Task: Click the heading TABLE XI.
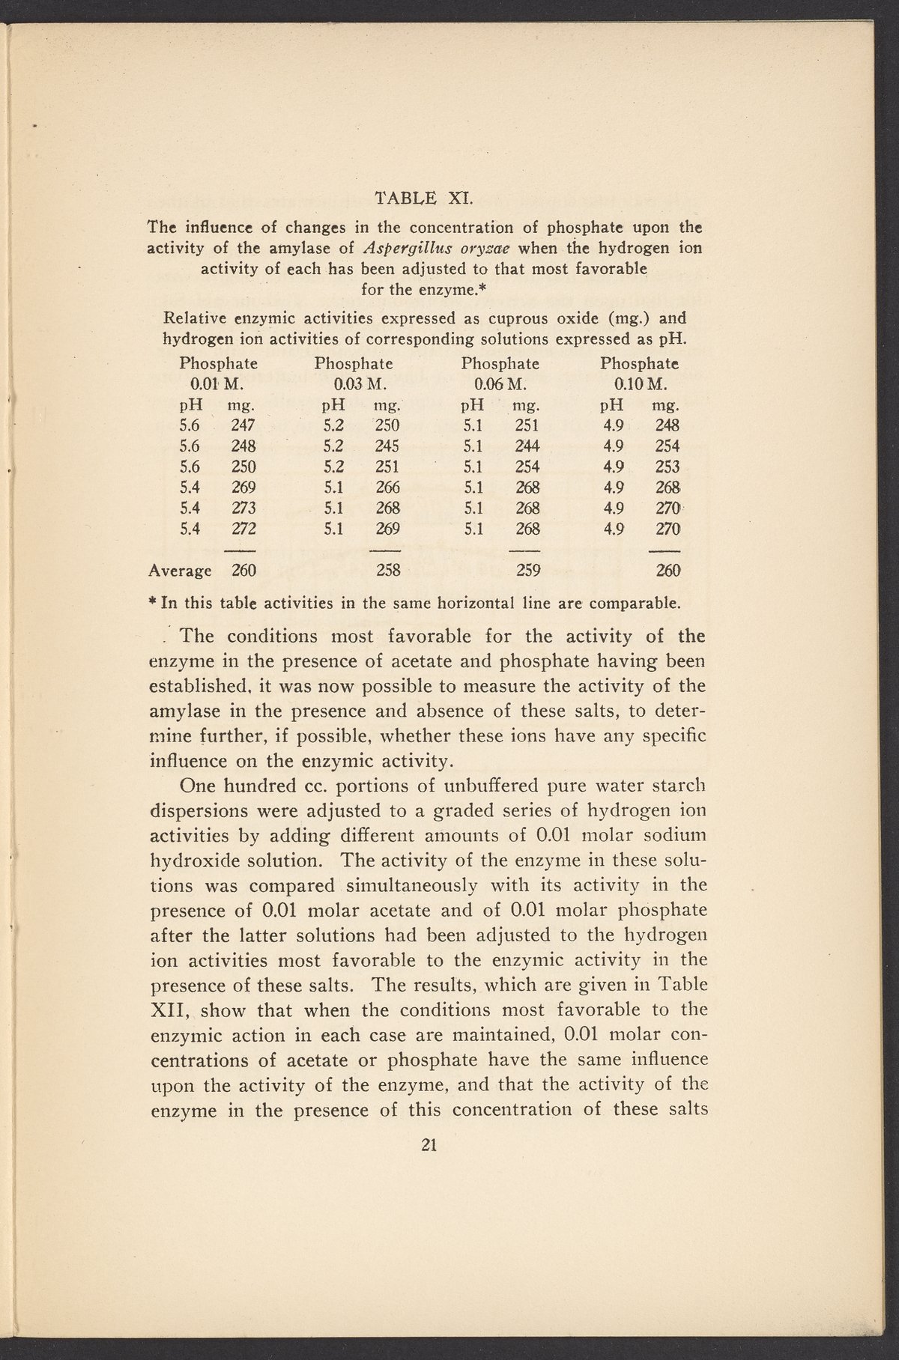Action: (x=423, y=198)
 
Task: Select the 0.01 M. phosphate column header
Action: (x=219, y=386)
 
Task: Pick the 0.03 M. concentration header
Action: (x=354, y=386)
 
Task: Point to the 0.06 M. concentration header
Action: (x=500, y=386)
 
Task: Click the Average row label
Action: (x=180, y=571)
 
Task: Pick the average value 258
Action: (x=387, y=571)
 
